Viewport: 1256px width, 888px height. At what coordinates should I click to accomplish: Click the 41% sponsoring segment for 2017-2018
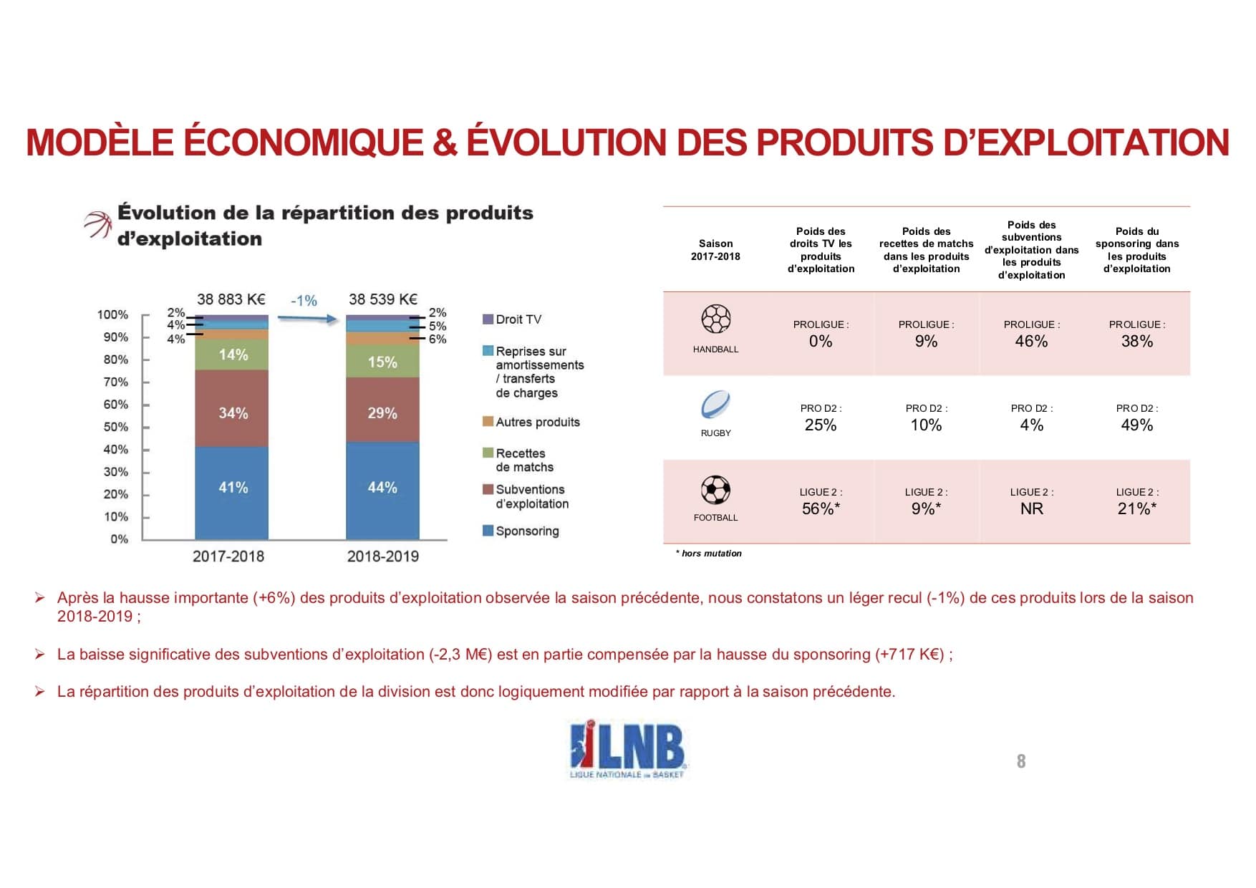(x=233, y=488)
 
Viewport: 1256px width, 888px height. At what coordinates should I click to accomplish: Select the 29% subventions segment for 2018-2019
(x=382, y=413)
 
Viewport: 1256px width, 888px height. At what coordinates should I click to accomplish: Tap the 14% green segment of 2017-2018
(x=233, y=354)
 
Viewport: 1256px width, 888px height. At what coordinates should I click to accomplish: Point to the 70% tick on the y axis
(x=116, y=382)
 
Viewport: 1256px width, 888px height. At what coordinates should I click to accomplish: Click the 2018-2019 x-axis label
(x=382, y=556)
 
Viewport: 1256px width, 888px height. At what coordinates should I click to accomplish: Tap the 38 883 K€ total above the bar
(x=231, y=299)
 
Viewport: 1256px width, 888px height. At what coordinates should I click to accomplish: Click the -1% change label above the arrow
(x=304, y=301)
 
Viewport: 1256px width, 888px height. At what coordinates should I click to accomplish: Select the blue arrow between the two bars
(x=308, y=319)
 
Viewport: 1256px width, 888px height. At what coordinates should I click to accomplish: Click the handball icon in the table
(x=715, y=319)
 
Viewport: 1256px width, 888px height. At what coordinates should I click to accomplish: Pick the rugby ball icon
(x=715, y=405)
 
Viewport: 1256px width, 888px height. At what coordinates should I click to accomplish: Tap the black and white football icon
(x=715, y=491)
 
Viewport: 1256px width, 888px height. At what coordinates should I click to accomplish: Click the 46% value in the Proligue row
(x=1031, y=342)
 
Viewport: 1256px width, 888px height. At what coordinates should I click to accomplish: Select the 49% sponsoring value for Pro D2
(x=1136, y=425)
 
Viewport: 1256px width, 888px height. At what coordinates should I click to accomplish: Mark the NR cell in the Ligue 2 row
(x=1031, y=509)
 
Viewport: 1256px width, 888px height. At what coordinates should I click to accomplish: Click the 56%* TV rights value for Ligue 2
(x=821, y=509)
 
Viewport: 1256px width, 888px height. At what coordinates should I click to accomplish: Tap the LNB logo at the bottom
(x=627, y=749)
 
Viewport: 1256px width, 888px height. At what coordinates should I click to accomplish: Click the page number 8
(x=1021, y=761)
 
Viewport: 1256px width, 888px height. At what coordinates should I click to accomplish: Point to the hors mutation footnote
(x=709, y=554)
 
